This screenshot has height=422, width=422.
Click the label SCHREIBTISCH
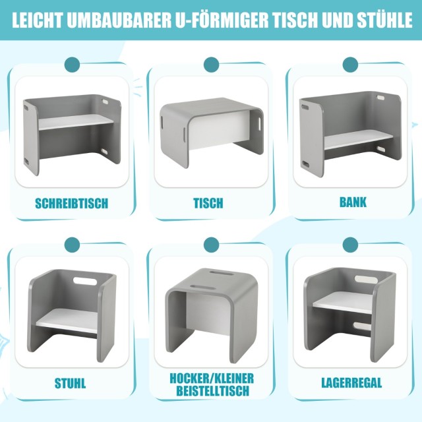click(72, 204)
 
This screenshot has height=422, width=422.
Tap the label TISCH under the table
click(208, 203)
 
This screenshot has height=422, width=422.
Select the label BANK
click(353, 202)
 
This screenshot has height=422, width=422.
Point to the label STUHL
click(71, 383)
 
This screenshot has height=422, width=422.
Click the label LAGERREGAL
click(351, 382)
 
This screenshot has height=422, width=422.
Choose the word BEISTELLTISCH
click(212, 391)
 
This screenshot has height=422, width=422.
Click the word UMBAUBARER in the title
click(119, 20)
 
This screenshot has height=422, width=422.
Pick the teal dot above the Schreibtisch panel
click(72, 65)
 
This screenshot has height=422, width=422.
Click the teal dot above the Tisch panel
click(211, 65)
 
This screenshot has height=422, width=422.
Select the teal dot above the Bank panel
click(350, 65)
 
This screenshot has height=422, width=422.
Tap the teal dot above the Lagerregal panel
click(350, 245)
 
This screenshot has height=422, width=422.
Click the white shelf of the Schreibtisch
click(76, 122)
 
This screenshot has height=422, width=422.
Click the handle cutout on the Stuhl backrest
click(85, 281)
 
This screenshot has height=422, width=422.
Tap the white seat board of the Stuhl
click(67, 320)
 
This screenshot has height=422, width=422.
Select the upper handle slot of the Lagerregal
click(365, 279)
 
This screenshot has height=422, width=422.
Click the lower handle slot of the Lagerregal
click(362, 326)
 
